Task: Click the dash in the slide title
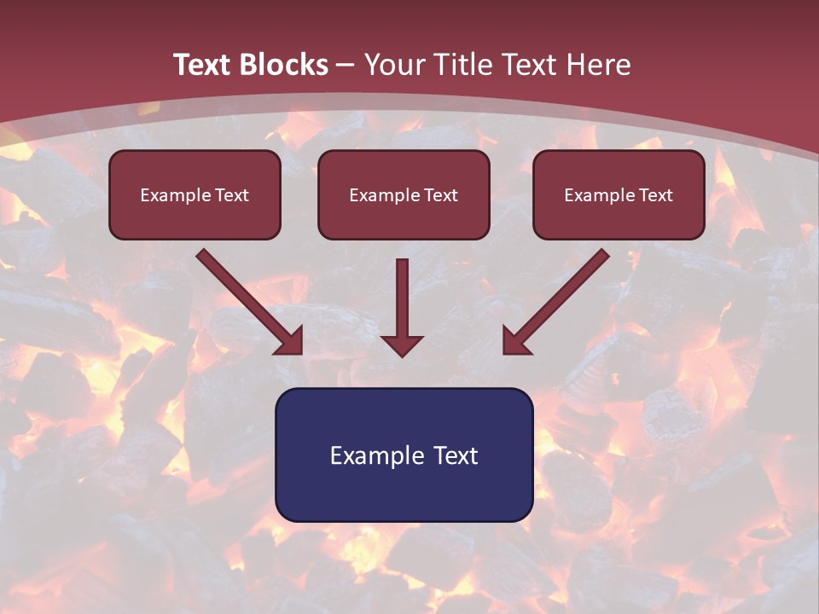(x=346, y=66)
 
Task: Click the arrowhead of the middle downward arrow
(x=402, y=345)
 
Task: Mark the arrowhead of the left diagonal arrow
(x=290, y=341)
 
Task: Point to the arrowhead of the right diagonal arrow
(x=515, y=341)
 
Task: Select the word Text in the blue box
(x=456, y=455)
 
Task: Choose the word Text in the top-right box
(x=655, y=195)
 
